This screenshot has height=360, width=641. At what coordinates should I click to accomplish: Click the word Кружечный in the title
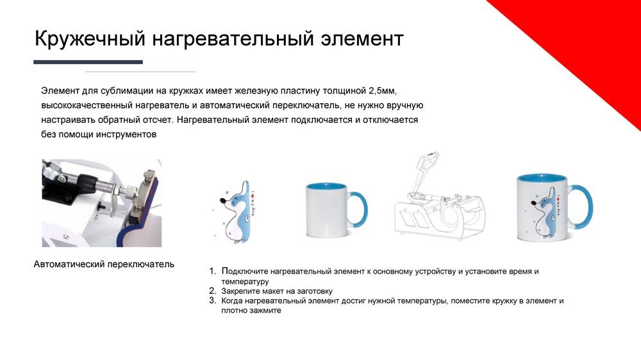(x=90, y=39)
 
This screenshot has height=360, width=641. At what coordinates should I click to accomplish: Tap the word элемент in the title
(x=362, y=39)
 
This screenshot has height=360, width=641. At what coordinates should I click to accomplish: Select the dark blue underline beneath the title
(x=88, y=62)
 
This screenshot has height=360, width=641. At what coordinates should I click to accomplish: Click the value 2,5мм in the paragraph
(x=383, y=90)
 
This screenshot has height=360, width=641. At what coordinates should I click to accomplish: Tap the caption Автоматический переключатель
(x=104, y=265)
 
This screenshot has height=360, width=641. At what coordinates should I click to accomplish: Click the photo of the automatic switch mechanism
(x=102, y=203)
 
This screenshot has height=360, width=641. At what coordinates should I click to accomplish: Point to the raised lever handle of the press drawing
(x=427, y=163)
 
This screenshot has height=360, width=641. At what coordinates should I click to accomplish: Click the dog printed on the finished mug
(x=543, y=212)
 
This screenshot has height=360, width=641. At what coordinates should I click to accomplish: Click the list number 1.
(x=212, y=271)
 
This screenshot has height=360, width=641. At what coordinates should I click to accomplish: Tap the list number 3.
(x=212, y=301)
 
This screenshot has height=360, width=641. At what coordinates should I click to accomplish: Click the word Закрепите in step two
(x=240, y=291)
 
